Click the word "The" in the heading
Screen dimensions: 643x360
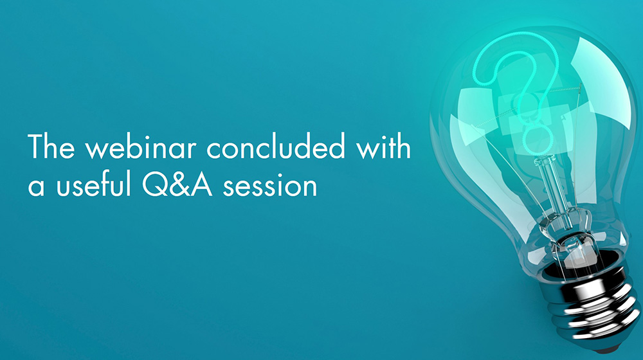[x=51, y=146]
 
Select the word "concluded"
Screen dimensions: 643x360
[x=276, y=146]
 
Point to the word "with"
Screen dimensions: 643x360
[x=383, y=146]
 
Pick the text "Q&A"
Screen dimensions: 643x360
[x=177, y=184]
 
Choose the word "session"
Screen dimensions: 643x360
[x=270, y=185]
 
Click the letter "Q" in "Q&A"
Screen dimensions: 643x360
[x=155, y=185]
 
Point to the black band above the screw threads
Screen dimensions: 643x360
[x=583, y=269]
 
